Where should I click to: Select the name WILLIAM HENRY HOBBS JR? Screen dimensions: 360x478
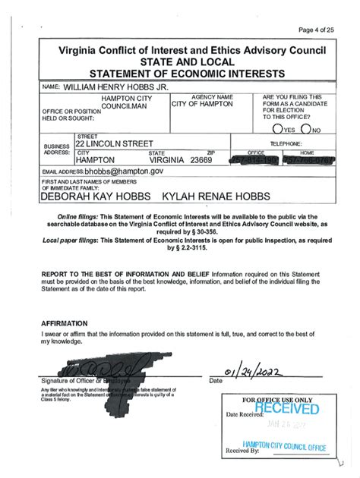[x=114, y=87]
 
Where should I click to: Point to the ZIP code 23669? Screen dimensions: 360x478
[x=201, y=161]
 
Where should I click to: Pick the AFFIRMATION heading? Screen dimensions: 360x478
[x=68, y=322]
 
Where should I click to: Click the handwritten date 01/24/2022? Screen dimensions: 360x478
[x=255, y=372]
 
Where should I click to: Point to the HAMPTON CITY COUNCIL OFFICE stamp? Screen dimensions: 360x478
[x=284, y=446]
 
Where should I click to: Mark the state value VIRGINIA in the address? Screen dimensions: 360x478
[x=168, y=161]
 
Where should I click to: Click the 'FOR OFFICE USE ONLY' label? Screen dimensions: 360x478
[x=276, y=400]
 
